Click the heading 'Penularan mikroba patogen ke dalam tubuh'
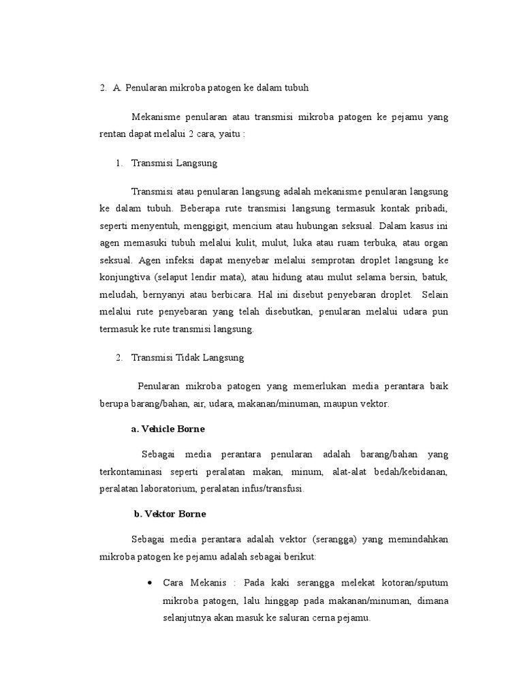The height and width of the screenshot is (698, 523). click(x=216, y=88)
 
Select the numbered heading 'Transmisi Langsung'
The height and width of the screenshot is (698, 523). click(x=174, y=164)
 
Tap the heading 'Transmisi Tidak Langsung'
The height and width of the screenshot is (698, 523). click(x=187, y=357)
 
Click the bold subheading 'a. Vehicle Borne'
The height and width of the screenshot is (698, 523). click(x=168, y=429)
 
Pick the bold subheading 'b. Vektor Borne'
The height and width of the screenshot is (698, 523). click(x=170, y=513)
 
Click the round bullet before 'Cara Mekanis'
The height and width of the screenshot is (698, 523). click(x=150, y=584)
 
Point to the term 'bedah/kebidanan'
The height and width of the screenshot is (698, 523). click(x=409, y=472)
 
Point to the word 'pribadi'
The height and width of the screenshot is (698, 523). click(x=432, y=207)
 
